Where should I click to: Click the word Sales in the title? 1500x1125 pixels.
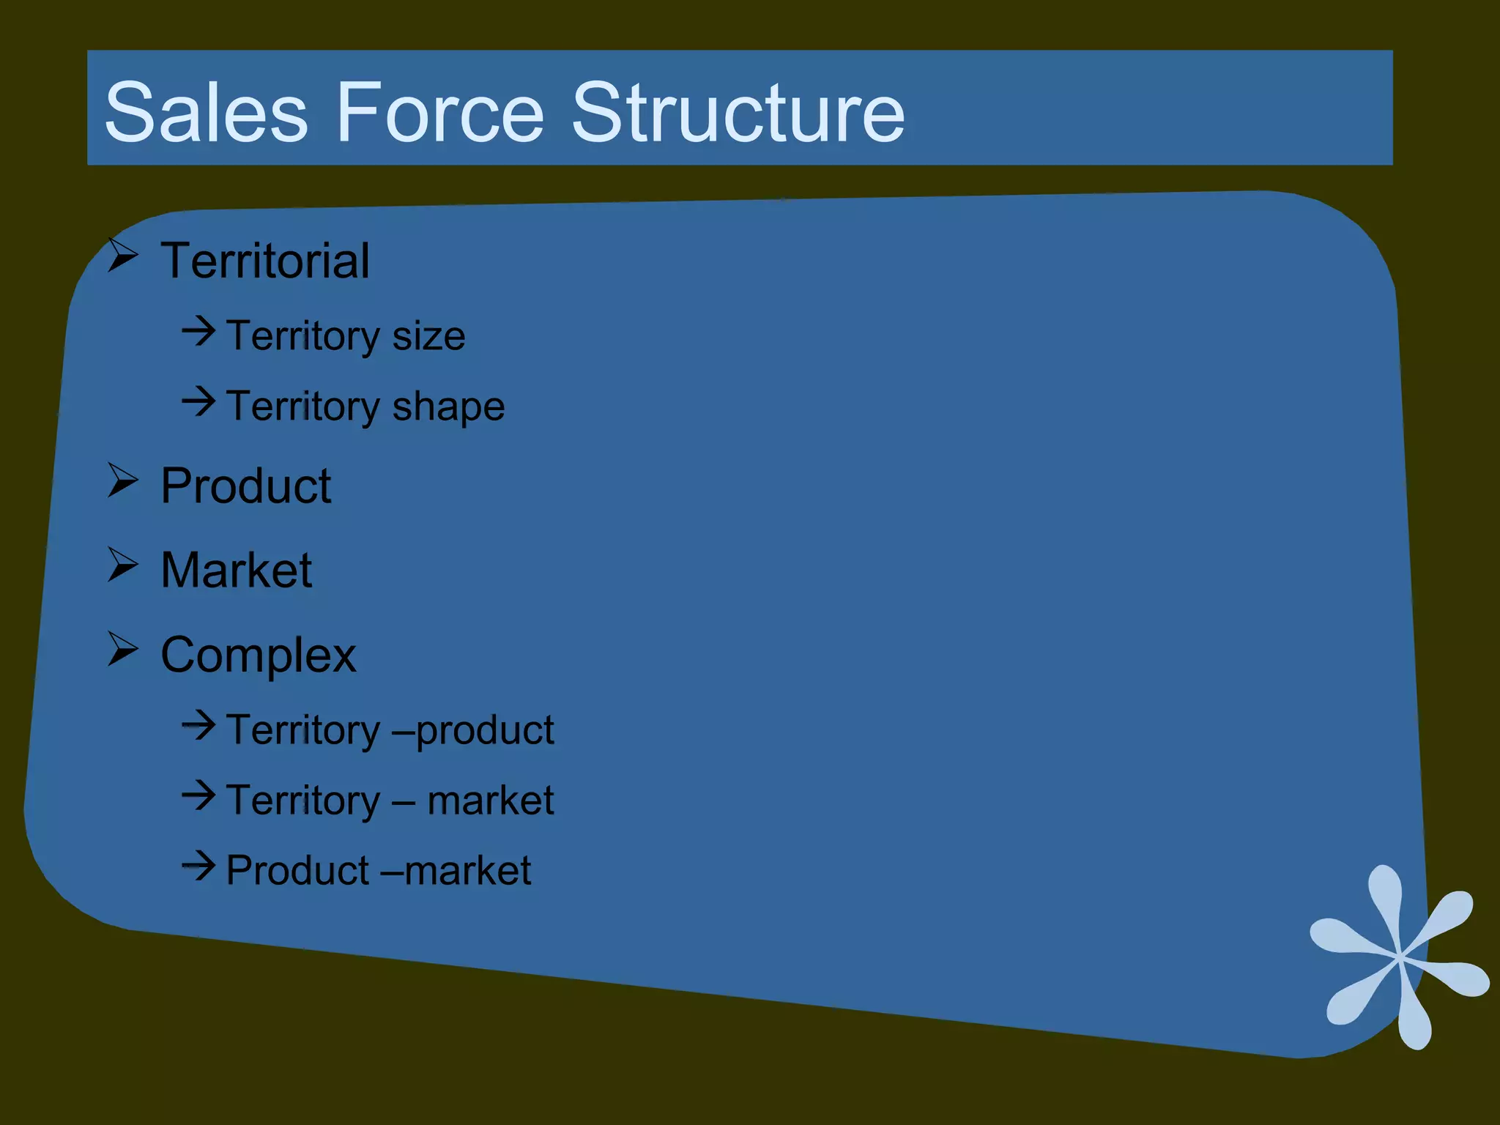pyautogui.click(x=206, y=113)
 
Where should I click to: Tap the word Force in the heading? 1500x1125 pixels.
pyautogui.click(x=439, y=113)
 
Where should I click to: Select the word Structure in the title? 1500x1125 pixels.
pyautogui.click(x=738, y=113)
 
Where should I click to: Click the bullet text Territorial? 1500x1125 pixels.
pyautogui.click(x=265, y=261)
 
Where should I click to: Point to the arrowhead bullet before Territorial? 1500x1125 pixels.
pyautogui.click(x=123, y=256)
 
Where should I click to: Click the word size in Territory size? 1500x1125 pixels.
pyautogui.click(x=428, y=336)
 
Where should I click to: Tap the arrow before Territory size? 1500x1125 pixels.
pyautogui.click(x=198, y=331)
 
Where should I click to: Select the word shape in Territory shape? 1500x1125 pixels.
pyautogui.click(x=448, y=407)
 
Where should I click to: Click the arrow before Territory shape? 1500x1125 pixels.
pyautogui.click(x=198, y=401)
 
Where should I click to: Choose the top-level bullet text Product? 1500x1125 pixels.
pyautogui.click(x=246, y=486)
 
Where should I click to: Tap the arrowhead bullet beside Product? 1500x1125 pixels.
pyautogui.click(x=123, y=480)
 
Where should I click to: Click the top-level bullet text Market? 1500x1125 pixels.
pyautogui.click(x=237, y=570)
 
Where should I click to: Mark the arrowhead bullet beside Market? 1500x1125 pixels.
pyautogui.click(x=123, y=565)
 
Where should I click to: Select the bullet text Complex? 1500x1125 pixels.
pyautogui.click(x=258, y=655)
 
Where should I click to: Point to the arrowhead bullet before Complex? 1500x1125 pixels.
pyautogui.click(x=123, y=649)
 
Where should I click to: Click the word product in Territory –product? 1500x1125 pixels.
pyautogui.click(x=485, y=731)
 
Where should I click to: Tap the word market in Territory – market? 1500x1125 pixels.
pyautogui.click(x=490, y=800)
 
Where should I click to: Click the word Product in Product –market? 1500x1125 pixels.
pyautogui.click(x=297, y=870)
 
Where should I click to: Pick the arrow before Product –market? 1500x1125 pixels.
pyautogui.click(x=198, y=866)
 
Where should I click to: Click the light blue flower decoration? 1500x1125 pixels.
pyautogui.click(x=1399, y=957)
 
